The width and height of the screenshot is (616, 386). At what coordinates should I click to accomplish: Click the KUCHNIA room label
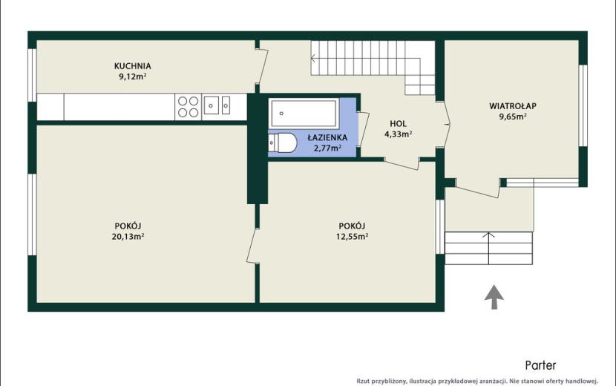coord(132,65)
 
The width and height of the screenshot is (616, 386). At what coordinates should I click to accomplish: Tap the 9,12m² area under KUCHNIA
coord(132,76)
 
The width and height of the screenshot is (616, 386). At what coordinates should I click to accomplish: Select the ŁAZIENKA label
coord(327,137)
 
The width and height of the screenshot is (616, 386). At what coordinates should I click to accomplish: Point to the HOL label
coord(398,123)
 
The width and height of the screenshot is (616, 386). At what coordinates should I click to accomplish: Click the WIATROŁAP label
coord(513,105)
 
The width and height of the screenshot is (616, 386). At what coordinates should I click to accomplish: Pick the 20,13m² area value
coord(128,236)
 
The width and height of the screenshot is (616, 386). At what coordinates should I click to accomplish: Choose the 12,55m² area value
coord(352,236)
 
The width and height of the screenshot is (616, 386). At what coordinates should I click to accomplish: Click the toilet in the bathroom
coord(283,143)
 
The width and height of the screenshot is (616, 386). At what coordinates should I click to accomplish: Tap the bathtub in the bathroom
coord(304,114)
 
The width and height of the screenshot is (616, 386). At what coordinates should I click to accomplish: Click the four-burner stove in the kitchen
coord(189,107)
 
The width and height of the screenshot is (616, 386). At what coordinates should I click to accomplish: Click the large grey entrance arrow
coord(494,297)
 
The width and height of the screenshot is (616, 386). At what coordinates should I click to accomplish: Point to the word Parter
coord(540,365)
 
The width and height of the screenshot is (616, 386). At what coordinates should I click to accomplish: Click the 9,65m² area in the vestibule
coord(513,117)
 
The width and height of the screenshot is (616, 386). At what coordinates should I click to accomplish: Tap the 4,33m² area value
coord(398,134)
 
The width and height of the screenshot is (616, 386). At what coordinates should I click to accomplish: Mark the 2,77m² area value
coord(327,148)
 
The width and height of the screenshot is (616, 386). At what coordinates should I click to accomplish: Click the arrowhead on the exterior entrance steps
coord(488,235)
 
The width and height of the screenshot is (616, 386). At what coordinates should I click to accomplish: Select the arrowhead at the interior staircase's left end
coord(313,59)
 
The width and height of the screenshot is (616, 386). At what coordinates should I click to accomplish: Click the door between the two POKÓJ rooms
coord(252,246)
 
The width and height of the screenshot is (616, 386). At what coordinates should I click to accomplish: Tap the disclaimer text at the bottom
coord(477,381)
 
